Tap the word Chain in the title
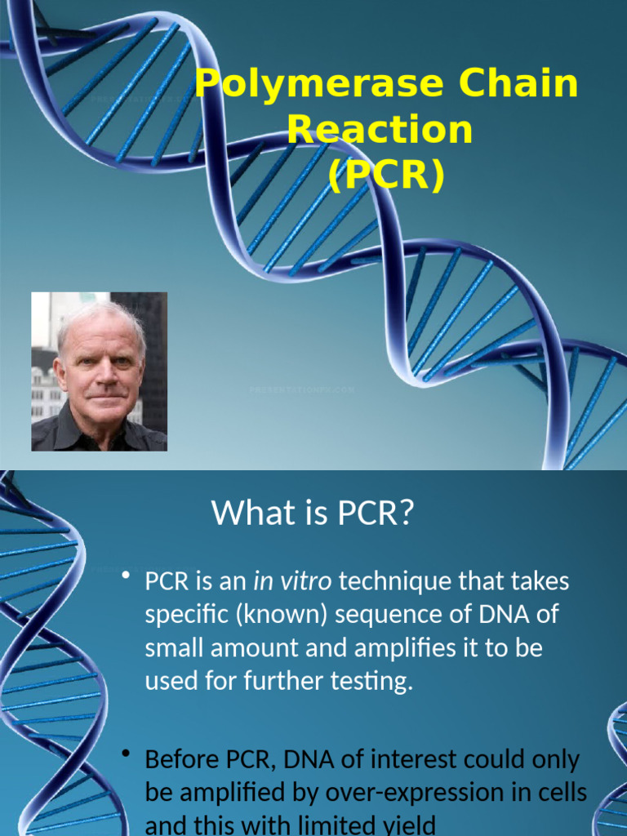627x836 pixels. pos(518,85)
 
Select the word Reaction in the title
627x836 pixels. pos(380,130)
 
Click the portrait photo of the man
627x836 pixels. pos(99,371)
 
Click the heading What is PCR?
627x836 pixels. pos(313,513)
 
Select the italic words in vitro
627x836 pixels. pos(292,582)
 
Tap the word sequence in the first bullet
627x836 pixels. pos(380,615)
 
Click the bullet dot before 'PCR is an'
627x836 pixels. pos(126,579)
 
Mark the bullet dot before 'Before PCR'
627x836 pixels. pos(126,757)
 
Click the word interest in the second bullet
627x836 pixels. pos(416,760)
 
